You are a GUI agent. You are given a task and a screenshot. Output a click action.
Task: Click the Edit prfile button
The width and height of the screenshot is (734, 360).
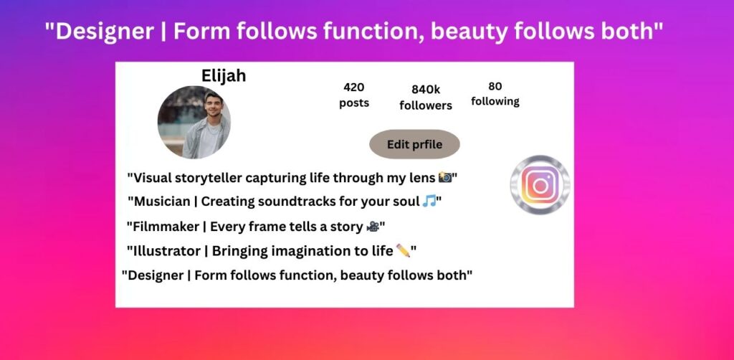coord(414,144)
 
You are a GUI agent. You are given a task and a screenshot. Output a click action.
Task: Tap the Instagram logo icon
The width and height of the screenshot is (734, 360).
coord(540,185)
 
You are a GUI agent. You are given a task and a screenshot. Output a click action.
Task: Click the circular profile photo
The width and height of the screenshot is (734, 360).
coord(194,122)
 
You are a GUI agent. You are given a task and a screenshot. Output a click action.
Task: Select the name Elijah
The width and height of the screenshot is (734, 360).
coord(224,76)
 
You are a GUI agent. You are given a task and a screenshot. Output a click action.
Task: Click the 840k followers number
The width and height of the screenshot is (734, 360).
coord(426,90)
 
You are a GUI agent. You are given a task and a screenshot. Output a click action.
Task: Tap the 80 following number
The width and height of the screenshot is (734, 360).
coord(495,86)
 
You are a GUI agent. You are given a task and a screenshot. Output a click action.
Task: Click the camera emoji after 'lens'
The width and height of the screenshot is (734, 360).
coord(444,177)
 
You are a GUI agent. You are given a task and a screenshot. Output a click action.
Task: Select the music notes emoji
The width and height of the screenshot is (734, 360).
coord(429,202)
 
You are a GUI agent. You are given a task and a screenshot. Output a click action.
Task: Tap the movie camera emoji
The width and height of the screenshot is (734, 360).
coord(373,227)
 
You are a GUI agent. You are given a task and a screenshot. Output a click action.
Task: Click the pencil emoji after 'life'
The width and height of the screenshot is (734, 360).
coord(403,250)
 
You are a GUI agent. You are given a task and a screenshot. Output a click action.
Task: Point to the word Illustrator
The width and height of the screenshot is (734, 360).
coord(167,251)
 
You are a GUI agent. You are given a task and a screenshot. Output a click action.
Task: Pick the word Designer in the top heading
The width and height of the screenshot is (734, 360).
coord(105,32)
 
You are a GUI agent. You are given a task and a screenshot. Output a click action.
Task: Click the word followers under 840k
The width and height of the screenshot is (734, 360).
coord(426,105)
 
